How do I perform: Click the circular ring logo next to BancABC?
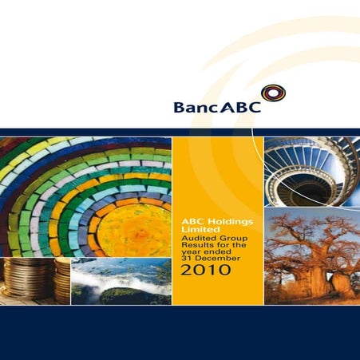[x=273, y=93]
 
